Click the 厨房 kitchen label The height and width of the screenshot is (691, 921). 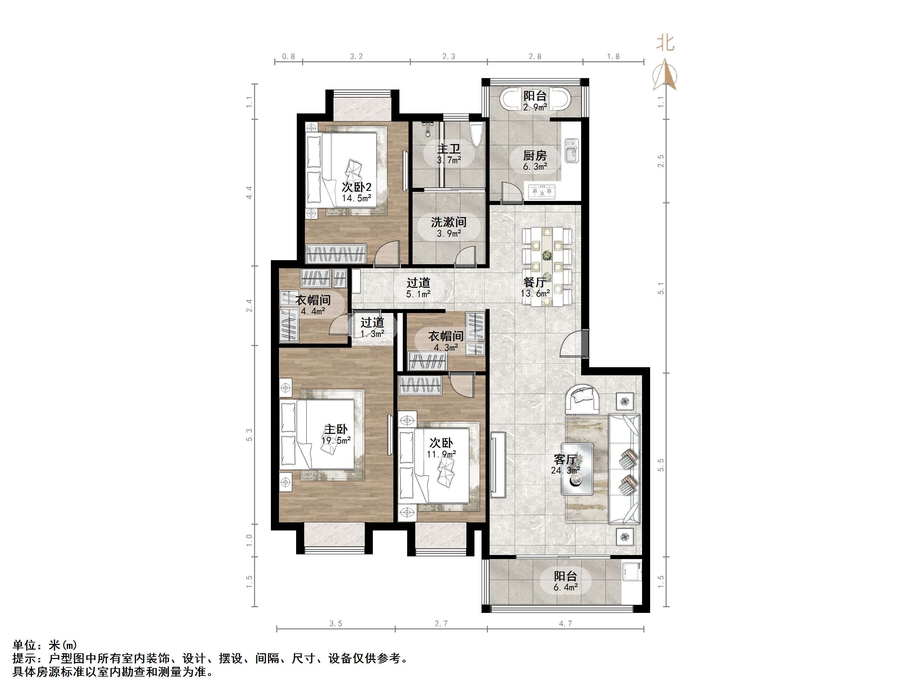[x=535, y=156]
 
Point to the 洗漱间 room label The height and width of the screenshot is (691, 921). [x=449, y=222]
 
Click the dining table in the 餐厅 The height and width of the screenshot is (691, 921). [x=547, y=266]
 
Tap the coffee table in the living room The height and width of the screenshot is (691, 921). [x=577, y=469]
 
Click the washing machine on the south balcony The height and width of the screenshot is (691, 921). [x=631, y=571]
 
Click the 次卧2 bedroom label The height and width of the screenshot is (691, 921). [x=356, y=187]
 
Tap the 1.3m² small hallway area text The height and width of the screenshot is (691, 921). [x=372, y=334]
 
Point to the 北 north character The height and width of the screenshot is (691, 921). [x=665, y=43]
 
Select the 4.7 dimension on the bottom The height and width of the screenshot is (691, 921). [x=565, y=624]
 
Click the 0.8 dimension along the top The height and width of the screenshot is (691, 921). [x=288, y=56]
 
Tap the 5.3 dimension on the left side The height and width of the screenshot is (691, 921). [x=249, y=435]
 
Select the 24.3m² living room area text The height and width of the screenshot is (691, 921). [x=565, y=471]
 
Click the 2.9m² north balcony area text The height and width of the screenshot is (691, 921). [x=535, y=107]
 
